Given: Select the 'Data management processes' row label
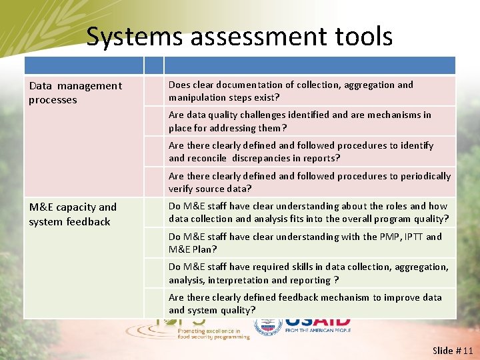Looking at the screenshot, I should point(75,93).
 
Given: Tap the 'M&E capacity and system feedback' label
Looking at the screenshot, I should point(73,215).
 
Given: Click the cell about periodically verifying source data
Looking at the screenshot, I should point(309,183).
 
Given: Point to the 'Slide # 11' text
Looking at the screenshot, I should point(452,350).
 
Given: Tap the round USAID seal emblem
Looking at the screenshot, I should point(268,326).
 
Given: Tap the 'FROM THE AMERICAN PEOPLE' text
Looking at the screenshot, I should point(317,331).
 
